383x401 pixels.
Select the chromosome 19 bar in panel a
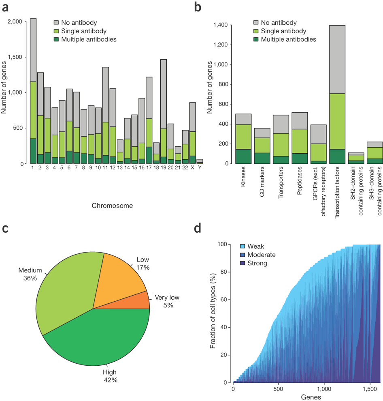(164, 122)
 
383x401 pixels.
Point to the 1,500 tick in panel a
(17, 57)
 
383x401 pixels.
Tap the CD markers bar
(262, 146)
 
